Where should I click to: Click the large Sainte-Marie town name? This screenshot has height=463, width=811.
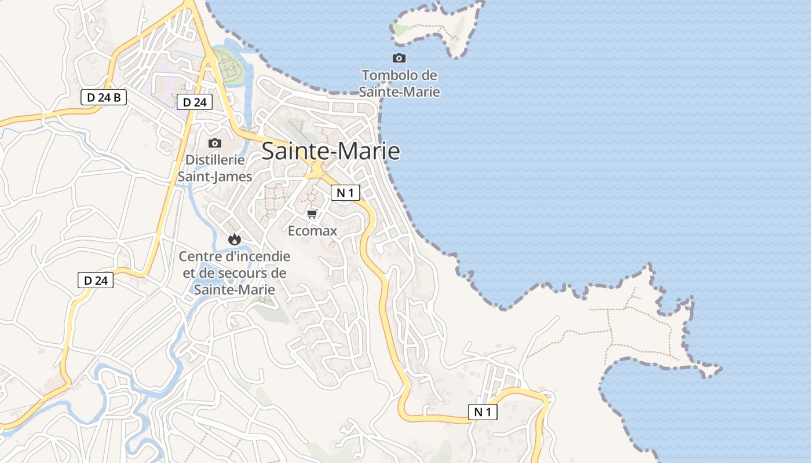331,151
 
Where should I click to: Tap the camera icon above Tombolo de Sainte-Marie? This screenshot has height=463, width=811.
399,58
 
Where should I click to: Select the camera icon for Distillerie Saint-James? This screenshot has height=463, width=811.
215,143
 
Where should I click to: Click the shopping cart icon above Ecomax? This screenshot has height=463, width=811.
312,214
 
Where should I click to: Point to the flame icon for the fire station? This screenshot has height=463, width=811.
234,239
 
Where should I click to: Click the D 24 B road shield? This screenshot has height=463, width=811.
104,97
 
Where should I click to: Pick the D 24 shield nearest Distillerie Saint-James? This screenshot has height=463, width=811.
195,102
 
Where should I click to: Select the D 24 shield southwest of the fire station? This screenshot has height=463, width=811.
96,281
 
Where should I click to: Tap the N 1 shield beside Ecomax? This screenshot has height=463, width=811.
345,193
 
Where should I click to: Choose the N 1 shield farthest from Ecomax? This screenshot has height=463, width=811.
483,412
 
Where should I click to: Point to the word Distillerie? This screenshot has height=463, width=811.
215,160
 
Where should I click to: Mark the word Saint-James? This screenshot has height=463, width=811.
215,177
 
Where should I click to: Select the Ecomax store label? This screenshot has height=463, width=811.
313,231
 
